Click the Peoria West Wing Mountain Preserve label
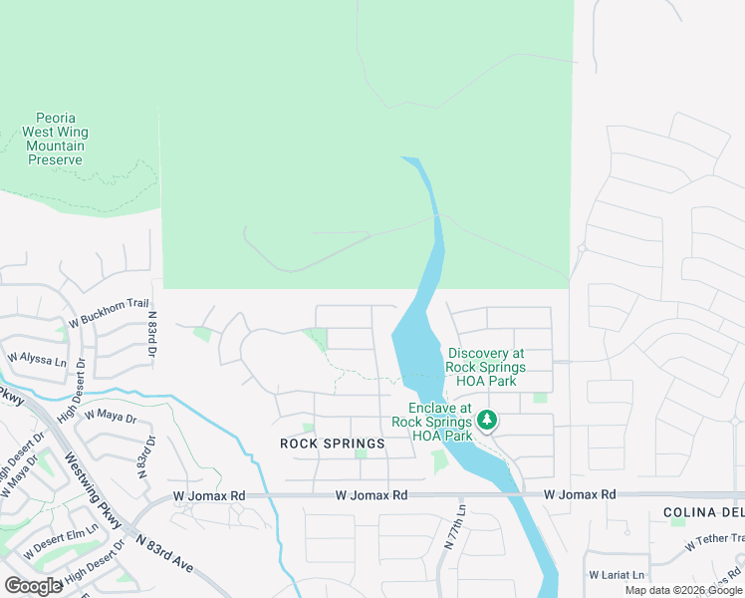tap(55, 139)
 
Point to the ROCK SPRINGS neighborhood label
tap(332, 444)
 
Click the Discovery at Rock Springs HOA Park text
tap(486, 367)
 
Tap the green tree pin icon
tap(487, 421)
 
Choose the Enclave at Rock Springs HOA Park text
tap(431, 422)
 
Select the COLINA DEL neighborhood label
tap(703, 512)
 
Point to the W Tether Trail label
tap(714, 542)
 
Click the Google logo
tap(33, 585)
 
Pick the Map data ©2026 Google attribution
tap(683, 590)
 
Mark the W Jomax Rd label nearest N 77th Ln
tap(372, 494)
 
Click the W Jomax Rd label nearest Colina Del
tap(580, 494)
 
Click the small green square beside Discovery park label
tap(540, 398)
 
